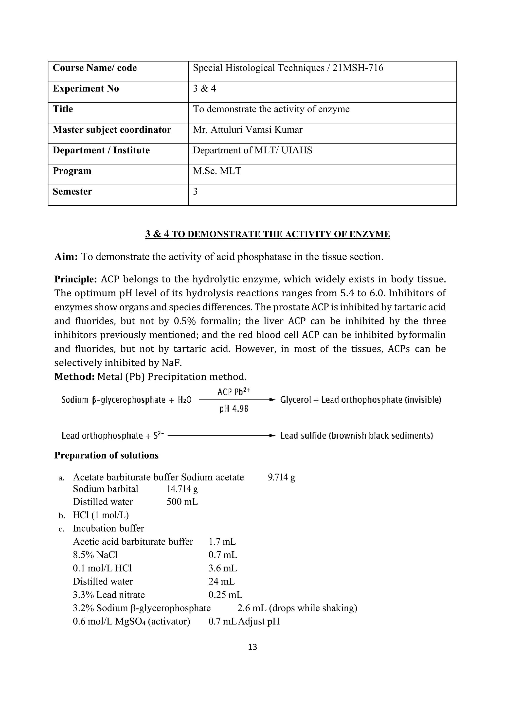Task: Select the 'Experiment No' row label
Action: click(x=86, y=89)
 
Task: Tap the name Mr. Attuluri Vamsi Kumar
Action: click(x=248, y=130)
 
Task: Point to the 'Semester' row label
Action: click(x=72, y=192)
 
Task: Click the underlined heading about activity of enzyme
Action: click(x=268, y=234)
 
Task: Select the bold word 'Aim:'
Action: click(x=66, y=257)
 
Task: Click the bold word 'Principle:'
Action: click(x=76, y=279)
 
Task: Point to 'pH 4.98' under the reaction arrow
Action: click(x=234, y=409)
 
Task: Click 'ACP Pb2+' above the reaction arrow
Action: click(x=234, y=392)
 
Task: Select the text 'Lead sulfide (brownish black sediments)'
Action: click(x=356, y=435)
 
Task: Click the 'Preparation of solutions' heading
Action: click(x=106, y=455)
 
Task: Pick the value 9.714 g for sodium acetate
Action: click(x=281, y=477)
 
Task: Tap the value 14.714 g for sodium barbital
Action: click(x=182, y=489)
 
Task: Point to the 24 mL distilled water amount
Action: click(x=221, y=581)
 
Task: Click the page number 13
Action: click(x=252, y=647)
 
